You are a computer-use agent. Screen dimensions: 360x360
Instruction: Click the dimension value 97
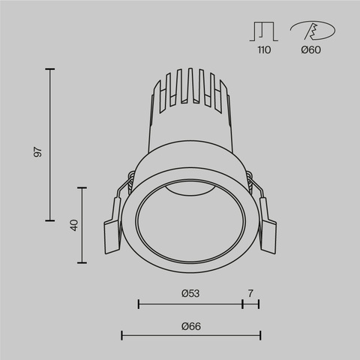tap(37, 151)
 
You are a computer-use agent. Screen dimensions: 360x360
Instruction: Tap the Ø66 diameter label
tap(190, 326)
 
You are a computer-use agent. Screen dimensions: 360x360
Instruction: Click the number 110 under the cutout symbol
tap(262, 51)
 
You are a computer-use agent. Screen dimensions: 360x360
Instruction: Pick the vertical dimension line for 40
tap(81, 225)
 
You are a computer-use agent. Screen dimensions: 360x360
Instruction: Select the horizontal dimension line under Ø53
tap(190, 304)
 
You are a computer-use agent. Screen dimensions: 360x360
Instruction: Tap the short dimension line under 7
tap(250, 304)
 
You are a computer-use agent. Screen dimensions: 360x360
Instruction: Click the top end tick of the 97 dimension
tap(50, 69)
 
